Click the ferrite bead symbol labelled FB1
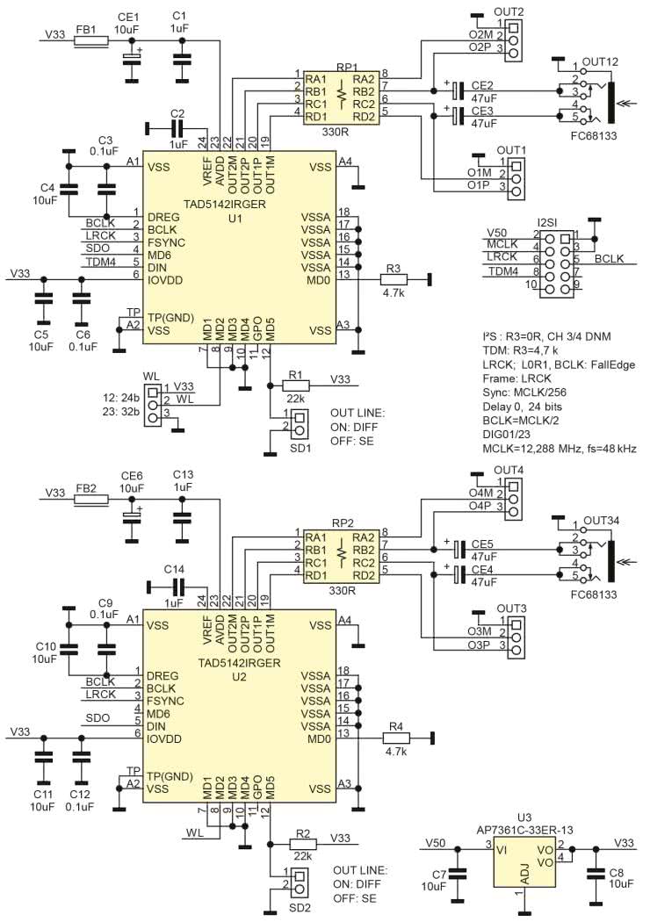[90, 40]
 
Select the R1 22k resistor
[297, 384]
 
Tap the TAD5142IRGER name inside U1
[234, 203]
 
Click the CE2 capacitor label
[482, 83]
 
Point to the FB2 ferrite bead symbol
[90, 499]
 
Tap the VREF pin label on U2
[207, 628]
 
